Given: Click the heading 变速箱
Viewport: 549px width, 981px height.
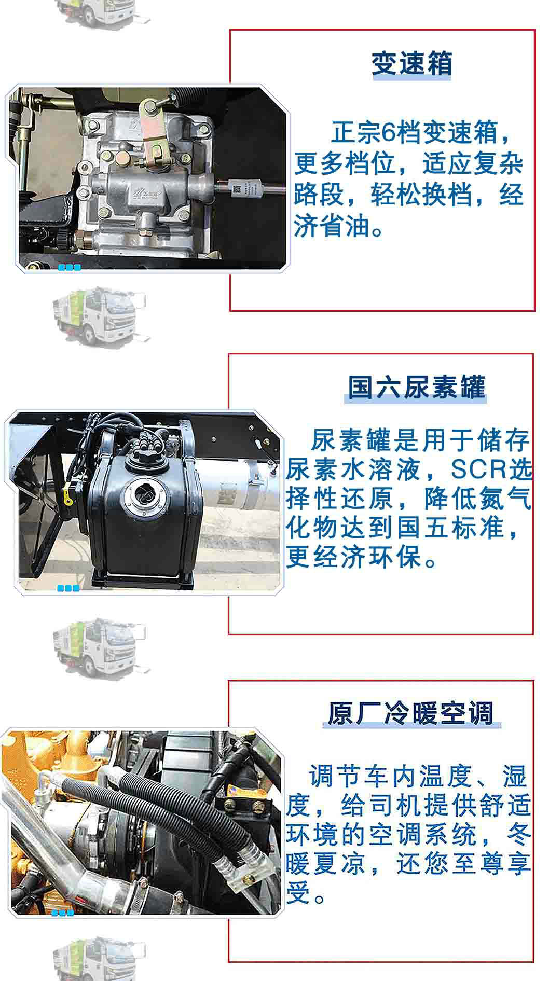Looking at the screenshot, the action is point(411,63).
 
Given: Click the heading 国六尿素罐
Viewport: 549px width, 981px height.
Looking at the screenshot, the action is point(416,387).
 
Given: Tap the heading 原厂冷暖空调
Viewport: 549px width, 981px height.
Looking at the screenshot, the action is point(410,713).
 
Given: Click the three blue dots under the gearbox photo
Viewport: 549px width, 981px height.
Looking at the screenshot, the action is point(70,267).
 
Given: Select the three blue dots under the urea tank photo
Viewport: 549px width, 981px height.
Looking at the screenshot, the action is point(68,588).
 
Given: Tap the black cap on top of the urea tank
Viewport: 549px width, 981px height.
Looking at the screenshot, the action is point(146,453).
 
